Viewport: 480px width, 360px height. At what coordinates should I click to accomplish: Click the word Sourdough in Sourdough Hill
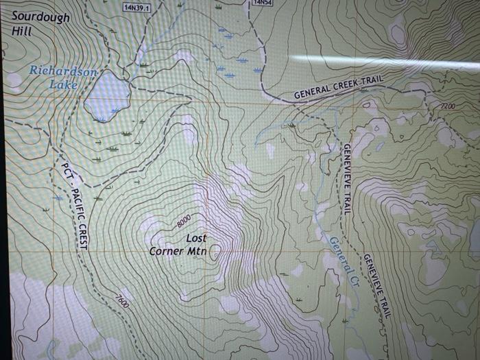pyautogui.click(x=40, y=17)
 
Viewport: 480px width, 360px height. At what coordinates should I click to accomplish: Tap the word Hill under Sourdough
pyautogui.click(x=22, y=32)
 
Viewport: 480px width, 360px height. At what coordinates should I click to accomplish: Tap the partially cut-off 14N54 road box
pyautogui.click(x=263, y=3)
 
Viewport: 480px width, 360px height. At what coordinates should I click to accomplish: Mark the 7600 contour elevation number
pyautogui.click(x=122, y=300)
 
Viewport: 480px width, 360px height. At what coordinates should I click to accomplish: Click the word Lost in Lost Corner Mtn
pyautogui.click(x=196, y=238)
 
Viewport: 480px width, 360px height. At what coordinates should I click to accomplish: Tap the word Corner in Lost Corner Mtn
pyautogui.click(x=167, y=251)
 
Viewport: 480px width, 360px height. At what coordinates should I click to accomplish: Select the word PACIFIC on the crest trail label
pyautogui.click(x=76, y=203)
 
